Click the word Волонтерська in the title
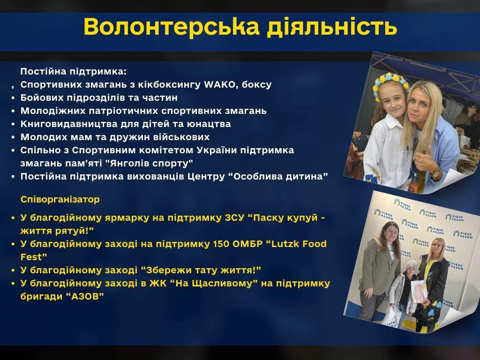[172, 27]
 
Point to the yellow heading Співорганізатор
[60, 200]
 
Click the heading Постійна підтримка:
[74, 72]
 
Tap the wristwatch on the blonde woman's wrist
[436, 174]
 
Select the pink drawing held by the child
[419, 291]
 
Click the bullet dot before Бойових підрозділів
[13, 98]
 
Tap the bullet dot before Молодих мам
[13, 137]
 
